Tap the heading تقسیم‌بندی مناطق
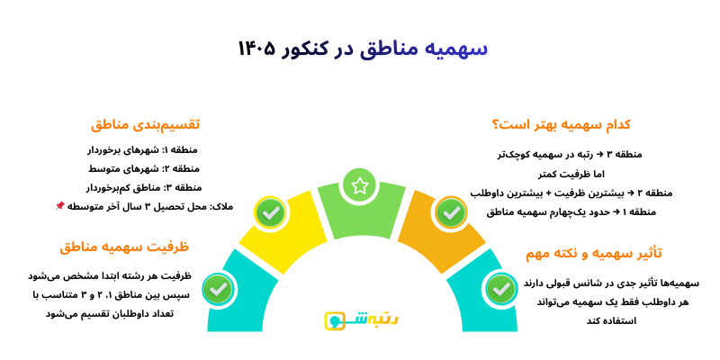pos(144,123)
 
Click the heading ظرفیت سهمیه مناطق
pos(124,247)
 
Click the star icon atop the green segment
pos(360,185)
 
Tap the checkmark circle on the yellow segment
pos(270,213)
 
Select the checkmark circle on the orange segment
pos(450,213)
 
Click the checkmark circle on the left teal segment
pos(217,290)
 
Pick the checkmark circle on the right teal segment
pos(501,290)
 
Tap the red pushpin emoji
pos(59,206)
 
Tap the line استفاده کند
pos(611,320)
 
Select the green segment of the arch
pos(360,216)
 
